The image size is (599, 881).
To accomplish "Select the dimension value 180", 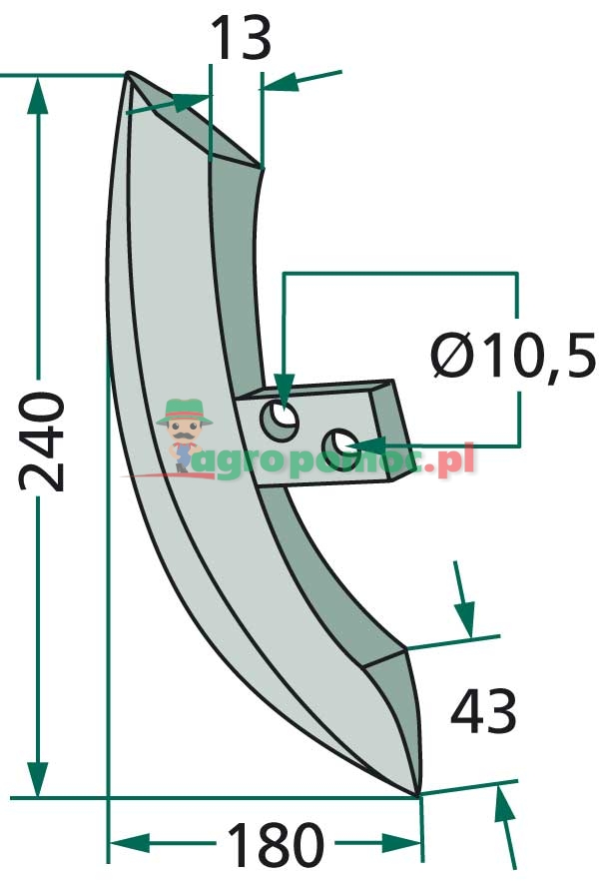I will point(276,845).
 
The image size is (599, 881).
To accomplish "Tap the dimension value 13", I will point(241,40).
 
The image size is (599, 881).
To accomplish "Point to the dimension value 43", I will point(484,712).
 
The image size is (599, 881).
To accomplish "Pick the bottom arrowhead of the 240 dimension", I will point(38,779).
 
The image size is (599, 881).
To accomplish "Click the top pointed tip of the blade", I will point(129,74).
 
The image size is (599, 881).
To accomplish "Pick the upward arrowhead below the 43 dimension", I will point(503,803).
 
